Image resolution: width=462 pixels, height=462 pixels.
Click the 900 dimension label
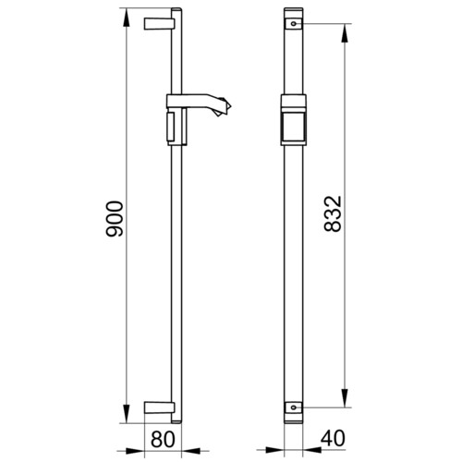[x=115, y=219]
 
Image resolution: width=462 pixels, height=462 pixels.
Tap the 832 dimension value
[x=333, y=213]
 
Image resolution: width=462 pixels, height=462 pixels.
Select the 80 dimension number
[x=163, y=439]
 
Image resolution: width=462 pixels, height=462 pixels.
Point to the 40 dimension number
[x=333, y=438]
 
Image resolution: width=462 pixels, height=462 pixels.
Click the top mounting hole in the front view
[x=294, y=23]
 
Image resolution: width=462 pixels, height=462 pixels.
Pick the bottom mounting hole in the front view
[x=294, y=407]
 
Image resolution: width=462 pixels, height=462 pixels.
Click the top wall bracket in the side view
[x=159, y=24]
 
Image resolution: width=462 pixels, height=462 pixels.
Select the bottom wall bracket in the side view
[x=159, y=407]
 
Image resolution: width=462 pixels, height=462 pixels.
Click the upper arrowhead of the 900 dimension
[x=127, y=18]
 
